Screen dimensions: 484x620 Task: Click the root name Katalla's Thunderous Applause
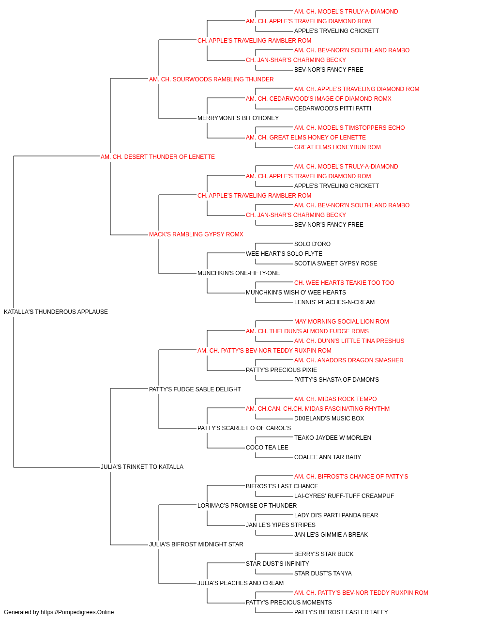click(56, 312)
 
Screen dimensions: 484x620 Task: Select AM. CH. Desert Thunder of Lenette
click(158, 157)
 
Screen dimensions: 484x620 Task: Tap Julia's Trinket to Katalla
click(142, 467)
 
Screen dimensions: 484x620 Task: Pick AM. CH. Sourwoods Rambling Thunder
click(211, 79)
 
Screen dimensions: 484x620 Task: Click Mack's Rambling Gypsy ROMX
click(196, 234)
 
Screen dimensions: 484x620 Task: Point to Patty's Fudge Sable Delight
click(195, 389)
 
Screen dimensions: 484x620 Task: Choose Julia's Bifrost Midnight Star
click(196, 544)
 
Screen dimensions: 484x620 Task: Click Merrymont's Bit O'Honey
click(238, 118)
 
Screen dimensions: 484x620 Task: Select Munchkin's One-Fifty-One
click(239, 273)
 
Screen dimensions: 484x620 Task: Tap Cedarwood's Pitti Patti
click(333, 108)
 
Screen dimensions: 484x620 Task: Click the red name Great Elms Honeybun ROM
click(337, 147)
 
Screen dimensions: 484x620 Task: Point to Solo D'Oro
click(312, 244)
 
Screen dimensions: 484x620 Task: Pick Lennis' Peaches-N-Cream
click(334, 302)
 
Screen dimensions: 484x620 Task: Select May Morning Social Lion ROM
click(342, 322)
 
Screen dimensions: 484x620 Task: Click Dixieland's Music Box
click(329, 418)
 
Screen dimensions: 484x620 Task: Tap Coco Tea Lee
click(267, 448)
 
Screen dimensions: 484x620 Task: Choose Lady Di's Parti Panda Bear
click(336, 515)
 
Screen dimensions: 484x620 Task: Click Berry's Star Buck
click(324, 554)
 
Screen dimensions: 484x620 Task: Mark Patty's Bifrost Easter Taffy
click(341, 612)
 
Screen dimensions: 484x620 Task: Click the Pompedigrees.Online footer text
click(59, 612)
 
